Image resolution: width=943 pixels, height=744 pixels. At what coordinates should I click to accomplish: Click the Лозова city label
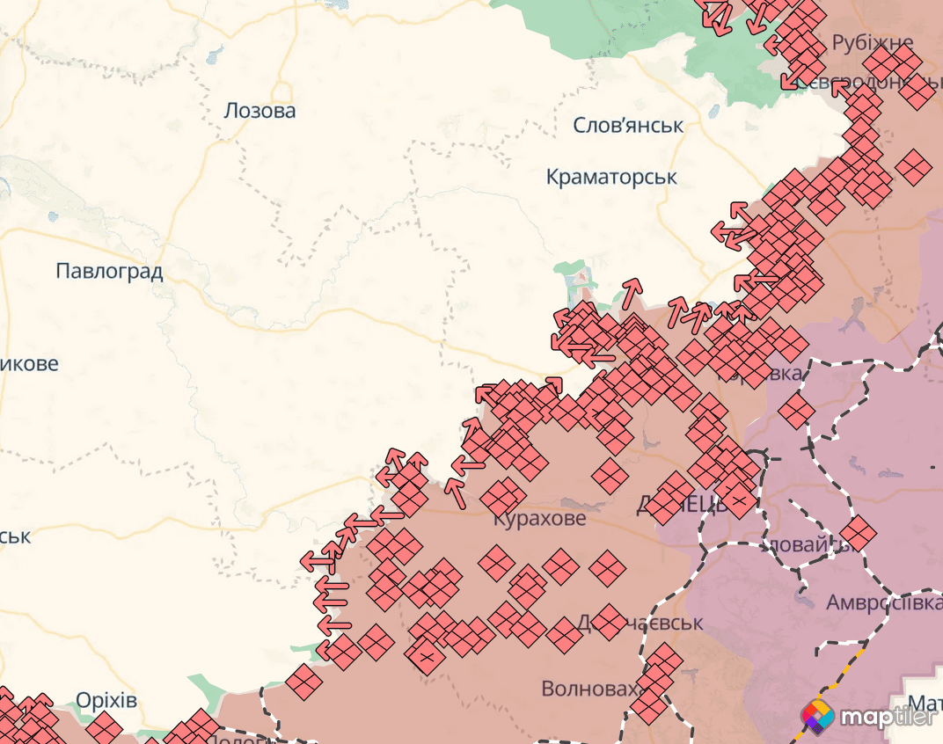pyautogui.click(x=260, y=111)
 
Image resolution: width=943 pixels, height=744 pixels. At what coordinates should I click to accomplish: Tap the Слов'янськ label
pyautogui.click(x=628, y=125)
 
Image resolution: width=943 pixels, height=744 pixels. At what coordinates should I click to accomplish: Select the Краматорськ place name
pyautogui.click(x=611, y=177)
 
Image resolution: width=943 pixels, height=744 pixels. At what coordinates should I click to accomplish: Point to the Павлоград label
pyautogui.click(x=109, y=271)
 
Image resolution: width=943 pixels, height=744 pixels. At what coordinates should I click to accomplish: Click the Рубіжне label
pyautogui.click(x=873, y=42)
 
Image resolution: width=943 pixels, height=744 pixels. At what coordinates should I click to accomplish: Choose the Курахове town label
pyautogui.click(x=538, y=519)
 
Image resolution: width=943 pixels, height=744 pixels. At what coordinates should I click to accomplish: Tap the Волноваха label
pyautogui.click(x=588, y=688)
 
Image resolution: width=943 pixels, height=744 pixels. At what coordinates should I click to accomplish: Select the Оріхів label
pyautogui.click(x=106, y=700)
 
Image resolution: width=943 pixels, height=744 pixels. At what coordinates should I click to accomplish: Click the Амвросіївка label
pyautogui.click(x=883, y=603)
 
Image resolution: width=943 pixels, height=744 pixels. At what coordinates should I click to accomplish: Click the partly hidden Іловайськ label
pyautogui.click(x=805, y=545)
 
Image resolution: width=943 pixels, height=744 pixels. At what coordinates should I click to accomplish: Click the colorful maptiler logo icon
pyautogui.click(x=817, y=717)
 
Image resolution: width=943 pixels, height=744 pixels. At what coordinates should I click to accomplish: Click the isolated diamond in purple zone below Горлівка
pyautogui.click(x=797, y=411)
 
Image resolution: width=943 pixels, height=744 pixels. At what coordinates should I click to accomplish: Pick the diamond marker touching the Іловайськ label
pyautogui.click(x=858, y=532)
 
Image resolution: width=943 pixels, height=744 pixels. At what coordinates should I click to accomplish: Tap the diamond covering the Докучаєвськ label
pyautogui.click(x=607, y=622)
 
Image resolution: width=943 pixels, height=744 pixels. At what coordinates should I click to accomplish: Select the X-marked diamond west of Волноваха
pyautogui.click(x=425, y=656)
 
